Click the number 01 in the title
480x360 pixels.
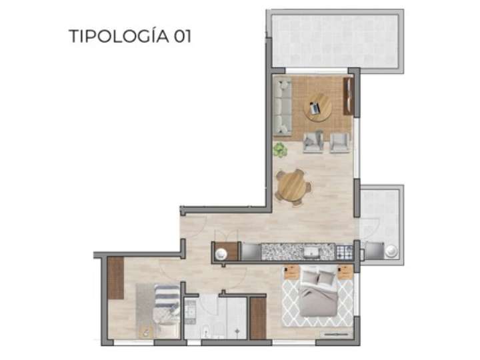pyautogui.click(x=181, y=36)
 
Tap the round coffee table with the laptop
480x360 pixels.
pyautogui.click(x=318, y=107)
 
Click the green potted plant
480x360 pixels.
pyautogui.click(x=281, y=151)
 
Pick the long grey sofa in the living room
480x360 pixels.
pyautogui.click(x=283, y=107)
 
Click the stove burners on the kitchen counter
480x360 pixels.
pyautogui.click(x=343, y=252)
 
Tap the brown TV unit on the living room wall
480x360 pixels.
pyautogui.click(x=347, y=97)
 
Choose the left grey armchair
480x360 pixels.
pyautogui.click(x=313, y=141)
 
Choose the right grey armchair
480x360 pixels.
pyautogui.click(x=340, y=141)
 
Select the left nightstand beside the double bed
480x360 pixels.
pyautogui.click(x=291, y=272)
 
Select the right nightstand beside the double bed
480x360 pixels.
pyautogui.click(x=345, y=272)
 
